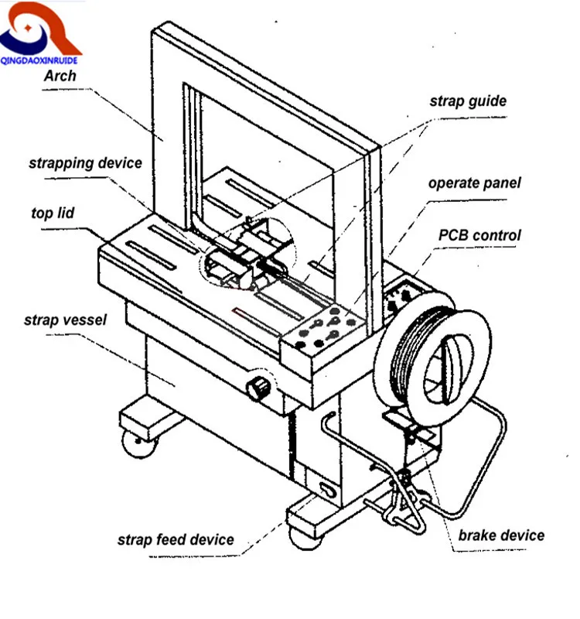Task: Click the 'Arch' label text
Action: click(60, 76)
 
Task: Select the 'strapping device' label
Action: click(85, 163)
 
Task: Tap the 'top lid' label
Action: click(53, 213)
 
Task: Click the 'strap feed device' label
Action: click(175, 539)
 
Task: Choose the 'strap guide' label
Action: click(468, 101)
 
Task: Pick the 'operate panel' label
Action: click(474, 183)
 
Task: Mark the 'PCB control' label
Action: click(479, 235)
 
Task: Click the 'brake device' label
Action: click(501, 535)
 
